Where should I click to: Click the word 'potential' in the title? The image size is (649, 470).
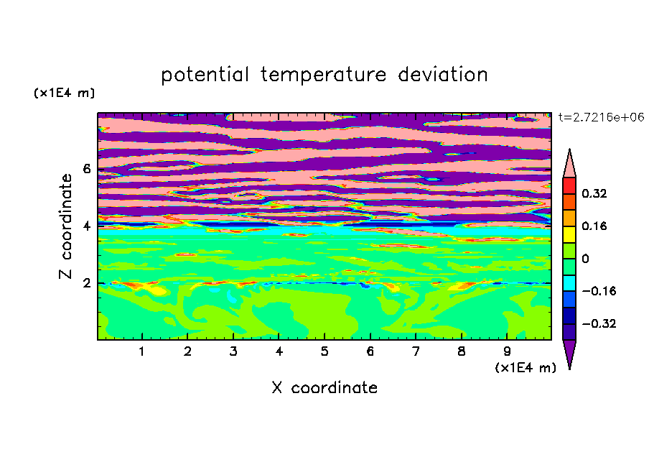coord(205,75)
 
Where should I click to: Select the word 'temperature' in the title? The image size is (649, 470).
coord(323,75)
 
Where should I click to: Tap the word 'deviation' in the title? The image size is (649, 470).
coord(443,75)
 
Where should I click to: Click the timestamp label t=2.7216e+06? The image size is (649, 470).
coord(601,117)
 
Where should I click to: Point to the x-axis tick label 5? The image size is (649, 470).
coord(324,351)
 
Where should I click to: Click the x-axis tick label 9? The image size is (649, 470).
coord(507,351)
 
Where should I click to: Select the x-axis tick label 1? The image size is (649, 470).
coord(141,351)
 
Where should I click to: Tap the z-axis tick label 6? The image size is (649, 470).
coord(86,169)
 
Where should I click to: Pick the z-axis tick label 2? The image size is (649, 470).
coord(86,283)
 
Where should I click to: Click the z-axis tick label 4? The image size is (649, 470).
coord(86,226)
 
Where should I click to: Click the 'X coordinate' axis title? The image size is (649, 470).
coord(324,388)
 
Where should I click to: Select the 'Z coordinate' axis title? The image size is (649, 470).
coord(65,226)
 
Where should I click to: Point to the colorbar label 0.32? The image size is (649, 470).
coord(594,193)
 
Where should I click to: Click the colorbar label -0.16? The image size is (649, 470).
coord(599,291)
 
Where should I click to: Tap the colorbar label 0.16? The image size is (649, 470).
coord(594,226)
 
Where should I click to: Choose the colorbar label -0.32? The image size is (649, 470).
coord(599,323)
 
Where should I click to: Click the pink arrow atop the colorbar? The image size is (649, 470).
coord(569,165)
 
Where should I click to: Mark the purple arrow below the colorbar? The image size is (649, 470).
coord(569,352)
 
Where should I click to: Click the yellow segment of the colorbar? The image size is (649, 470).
coord(569,234)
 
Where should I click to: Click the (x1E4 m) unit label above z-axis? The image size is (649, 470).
coord(65,93)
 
